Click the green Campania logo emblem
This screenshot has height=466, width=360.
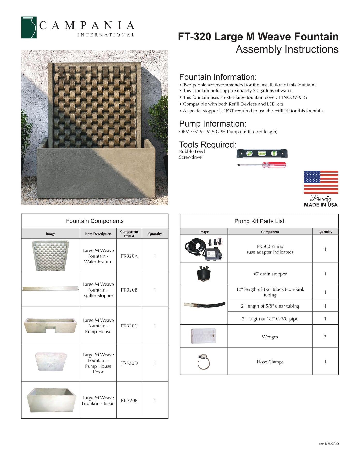[x=29, y=27]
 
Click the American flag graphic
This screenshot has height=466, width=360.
[x=321, y=182]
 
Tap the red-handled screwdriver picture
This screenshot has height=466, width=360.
[x=262, y=165]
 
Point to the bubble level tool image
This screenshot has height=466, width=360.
[x=262, y=154]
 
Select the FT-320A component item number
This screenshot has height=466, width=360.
[x=129, y=256]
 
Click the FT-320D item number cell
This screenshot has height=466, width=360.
[x=129, y=363]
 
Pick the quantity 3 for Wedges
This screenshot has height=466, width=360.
[x=325, y=337]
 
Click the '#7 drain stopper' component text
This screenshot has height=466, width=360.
[x=270, y=274]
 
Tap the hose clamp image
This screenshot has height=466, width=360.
[x=203, y=362]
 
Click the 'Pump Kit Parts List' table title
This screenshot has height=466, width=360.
[x=259, y=221]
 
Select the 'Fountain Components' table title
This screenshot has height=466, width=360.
[x=95, y=221]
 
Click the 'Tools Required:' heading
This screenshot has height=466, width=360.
[x=208, y=144]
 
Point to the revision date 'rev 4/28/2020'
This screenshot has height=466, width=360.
[x=329, y=444]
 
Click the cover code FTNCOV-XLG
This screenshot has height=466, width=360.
[x=293, y=97]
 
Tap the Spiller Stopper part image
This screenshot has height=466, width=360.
[x=50, y=288]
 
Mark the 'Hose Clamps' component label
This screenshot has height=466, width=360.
[x=270, y=362]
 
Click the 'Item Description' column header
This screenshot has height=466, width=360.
[x=98, y=234]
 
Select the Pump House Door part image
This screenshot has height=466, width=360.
[x=51, y=362]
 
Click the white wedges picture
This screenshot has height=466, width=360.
[x=203, y=336]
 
